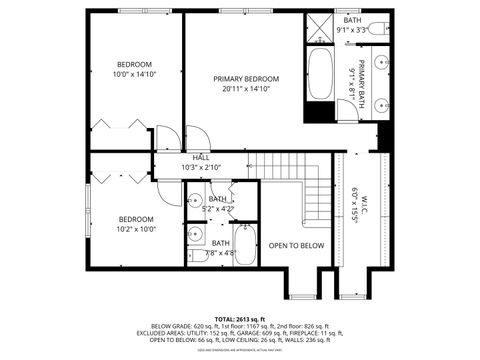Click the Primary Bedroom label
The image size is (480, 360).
click(245, 79)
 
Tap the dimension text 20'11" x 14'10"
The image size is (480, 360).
click(245, 89)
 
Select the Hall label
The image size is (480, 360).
click(201, 157)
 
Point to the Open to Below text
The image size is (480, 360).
click(296, 245)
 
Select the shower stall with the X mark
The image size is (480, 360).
click(322, 30)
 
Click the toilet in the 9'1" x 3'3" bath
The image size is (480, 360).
click(377, 29)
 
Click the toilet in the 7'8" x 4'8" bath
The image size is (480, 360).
click(195, 258)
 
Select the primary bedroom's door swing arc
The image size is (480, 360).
click(196, 137)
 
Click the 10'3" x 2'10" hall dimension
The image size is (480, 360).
click(201, 167)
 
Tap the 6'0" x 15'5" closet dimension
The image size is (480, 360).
click(354, 200)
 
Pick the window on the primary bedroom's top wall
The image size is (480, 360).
click(245, 11)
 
